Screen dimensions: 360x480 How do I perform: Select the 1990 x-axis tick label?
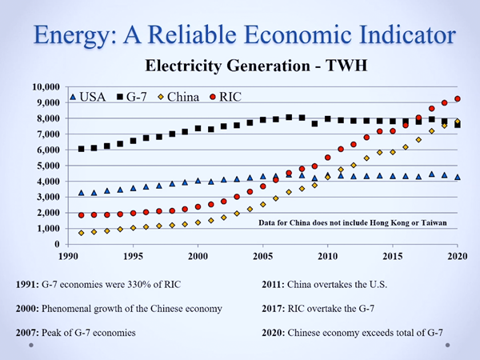(x=69, y=256)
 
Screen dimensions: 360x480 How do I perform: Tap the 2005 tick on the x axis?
(x=262, y=256)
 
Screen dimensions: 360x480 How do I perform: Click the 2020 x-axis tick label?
(x=457, y=256)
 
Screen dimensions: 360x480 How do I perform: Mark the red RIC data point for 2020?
(x=457, y=98)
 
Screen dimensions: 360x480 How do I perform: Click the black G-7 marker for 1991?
(x=82, y=149)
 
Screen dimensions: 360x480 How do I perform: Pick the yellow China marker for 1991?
(x=82, y=233)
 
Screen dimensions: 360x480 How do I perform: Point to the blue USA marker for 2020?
(x=457, y=178)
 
